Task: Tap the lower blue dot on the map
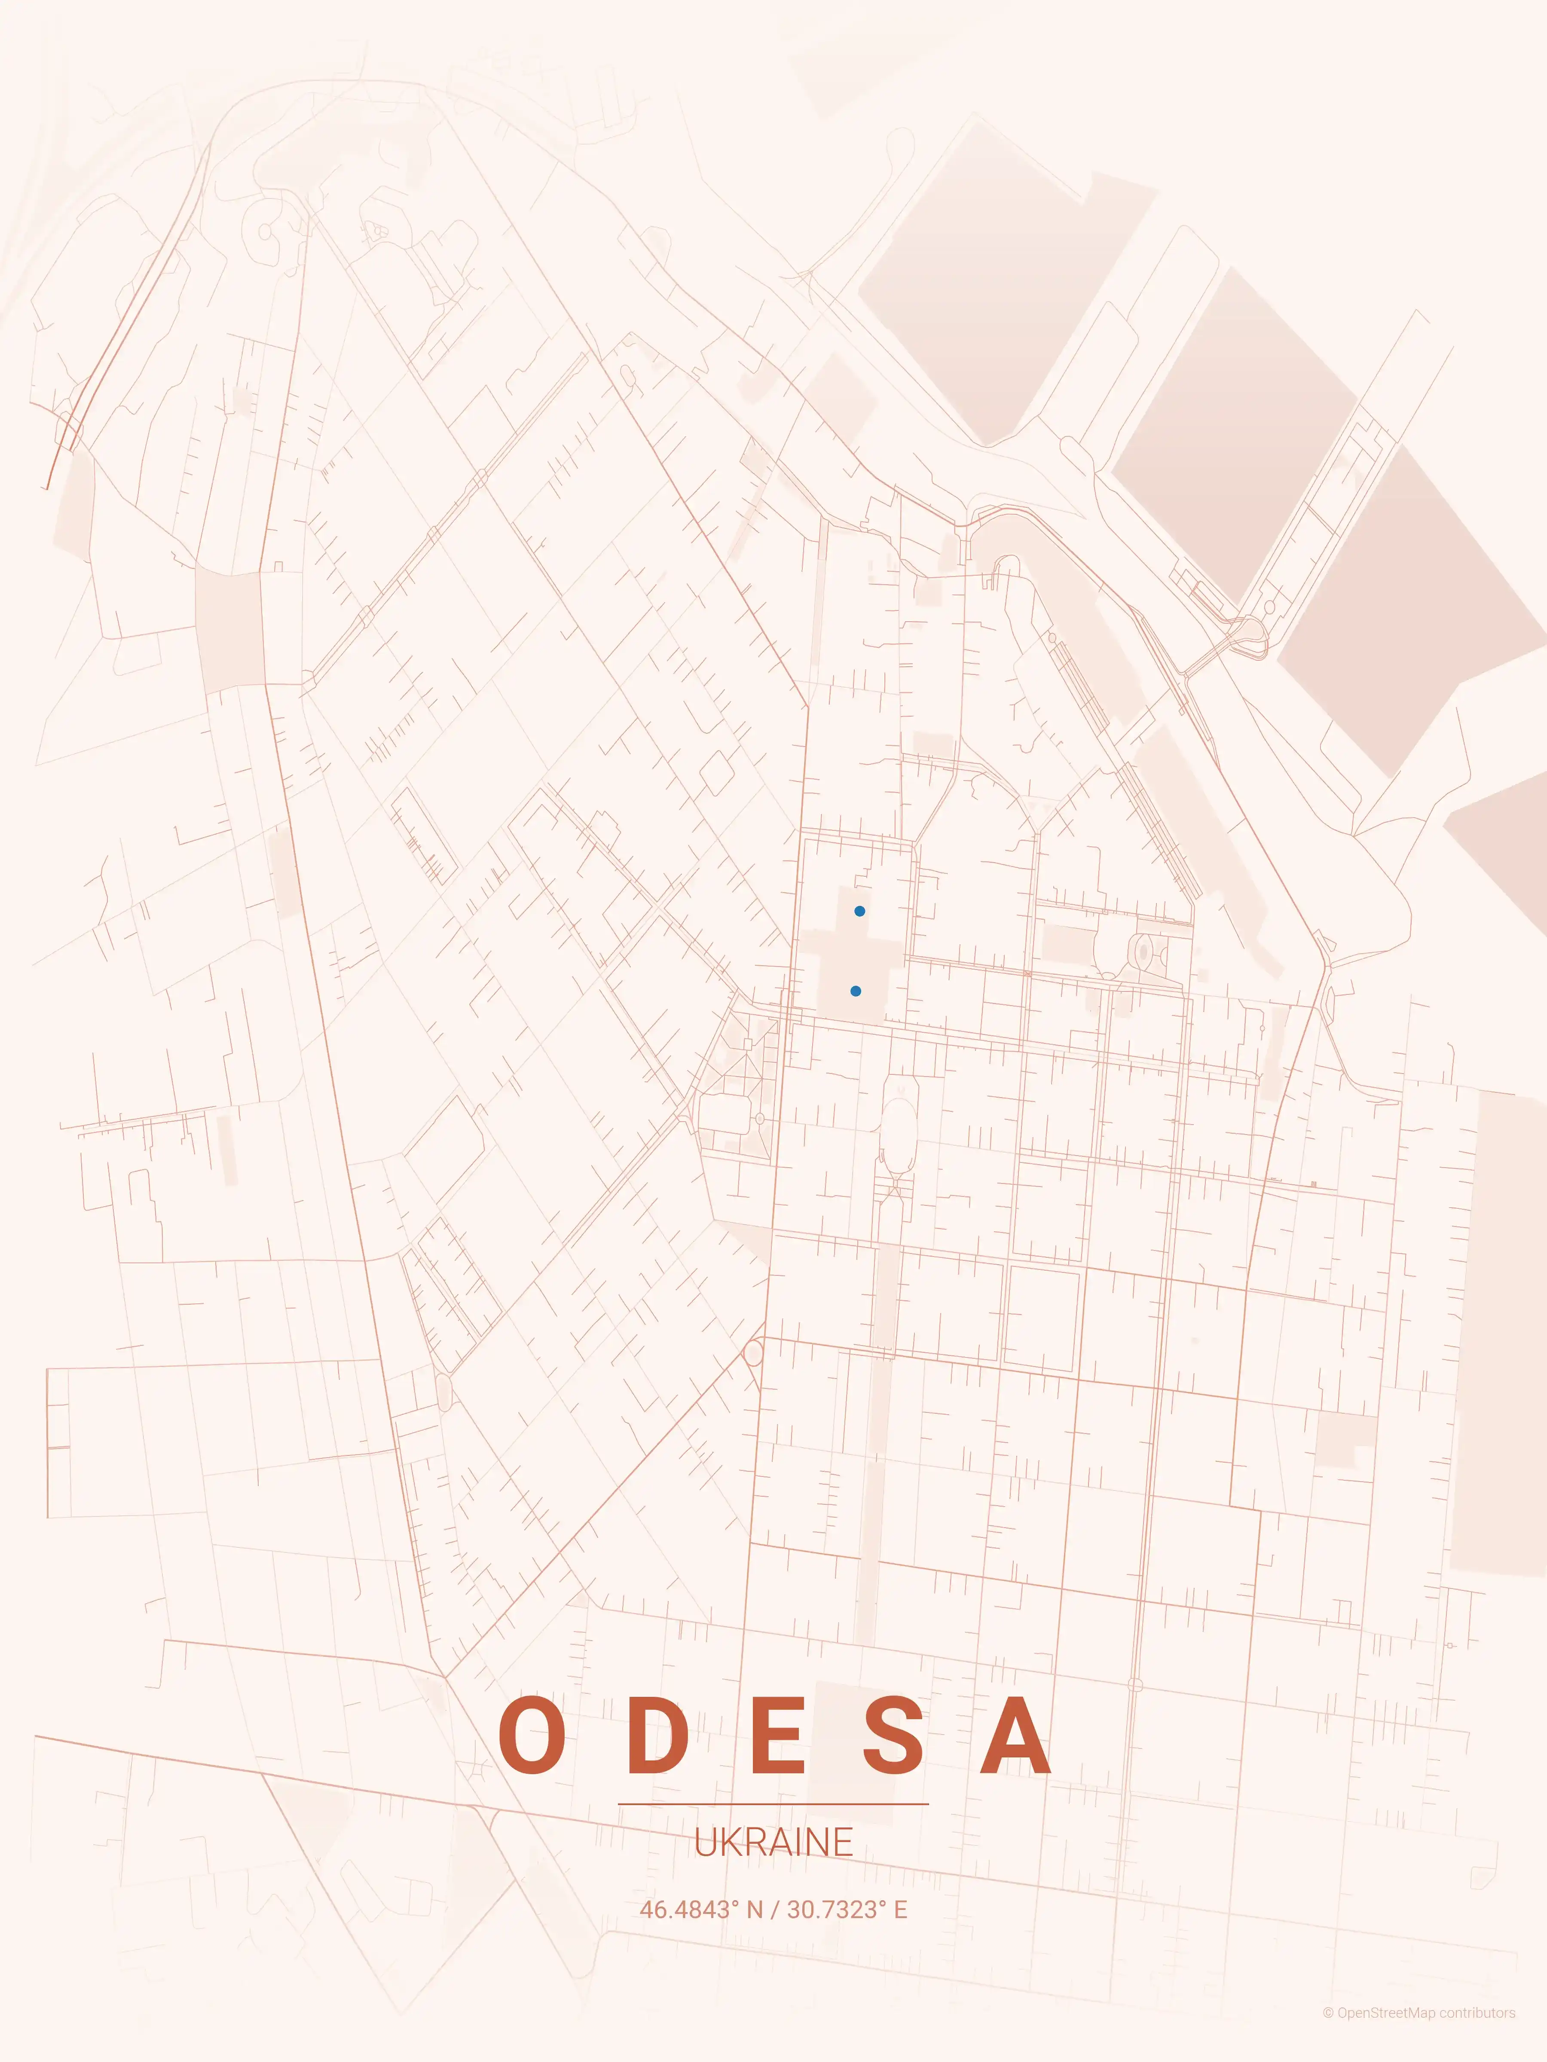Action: [855, 991]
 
